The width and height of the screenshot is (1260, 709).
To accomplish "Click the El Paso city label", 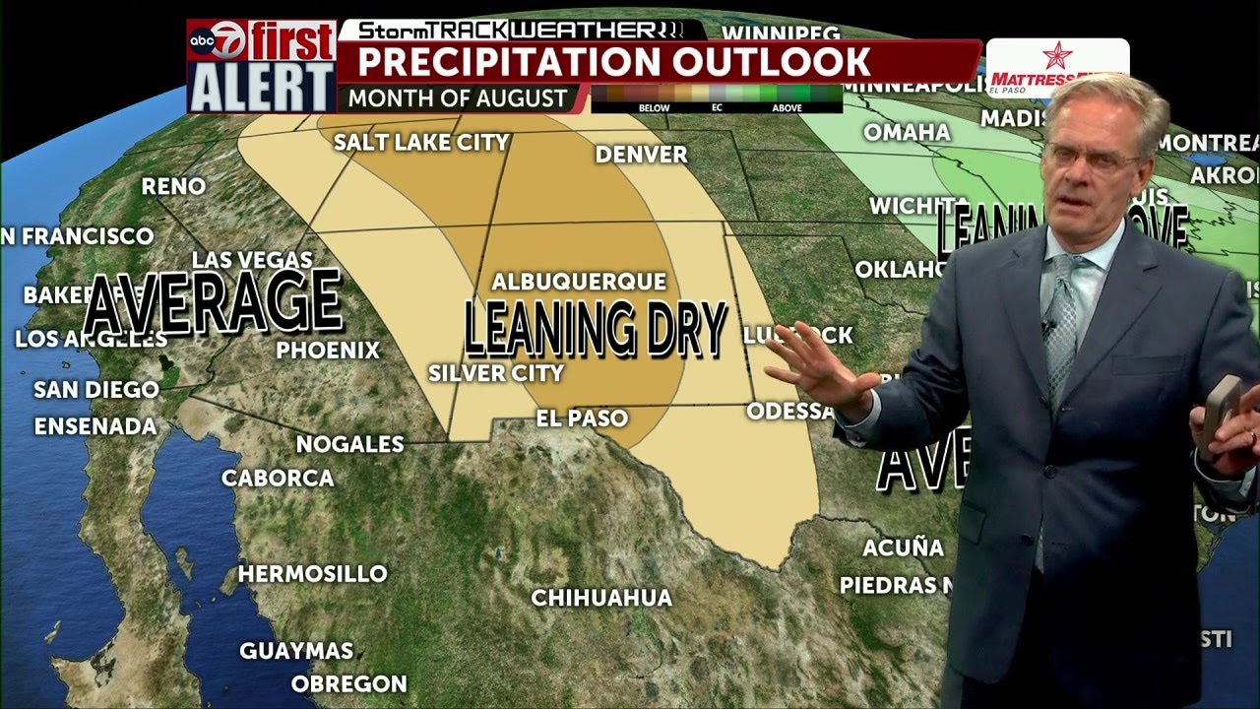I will click(582, 419).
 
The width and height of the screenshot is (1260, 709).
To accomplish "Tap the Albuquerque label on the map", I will click(579, 283).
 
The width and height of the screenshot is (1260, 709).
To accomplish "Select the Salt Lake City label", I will click(421, 143).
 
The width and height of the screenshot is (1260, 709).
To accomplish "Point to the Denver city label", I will click(641, 155).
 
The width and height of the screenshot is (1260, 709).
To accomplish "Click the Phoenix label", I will click(328, 351).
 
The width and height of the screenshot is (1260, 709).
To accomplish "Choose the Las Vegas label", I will click(252, 261).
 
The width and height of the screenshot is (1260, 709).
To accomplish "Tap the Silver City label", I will click(496, 374).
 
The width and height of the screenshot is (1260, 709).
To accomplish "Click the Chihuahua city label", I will click(601, 598).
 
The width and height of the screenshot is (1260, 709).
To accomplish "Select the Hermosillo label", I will click(313, 574).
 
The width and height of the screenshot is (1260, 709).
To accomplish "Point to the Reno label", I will click(173, 186).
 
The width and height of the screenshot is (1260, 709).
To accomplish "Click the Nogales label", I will click(350, 444).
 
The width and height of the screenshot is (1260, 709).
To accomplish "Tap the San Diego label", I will click(96, 390).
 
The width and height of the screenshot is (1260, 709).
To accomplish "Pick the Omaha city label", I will click(907, 132).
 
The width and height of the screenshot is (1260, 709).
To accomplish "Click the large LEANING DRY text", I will click(596, 329).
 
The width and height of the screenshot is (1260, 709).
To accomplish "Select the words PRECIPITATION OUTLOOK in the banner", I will click(613, 62).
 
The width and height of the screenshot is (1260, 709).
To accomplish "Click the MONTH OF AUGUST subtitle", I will click(458, 98).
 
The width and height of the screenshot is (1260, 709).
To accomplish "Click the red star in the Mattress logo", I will click(1057, 54).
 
